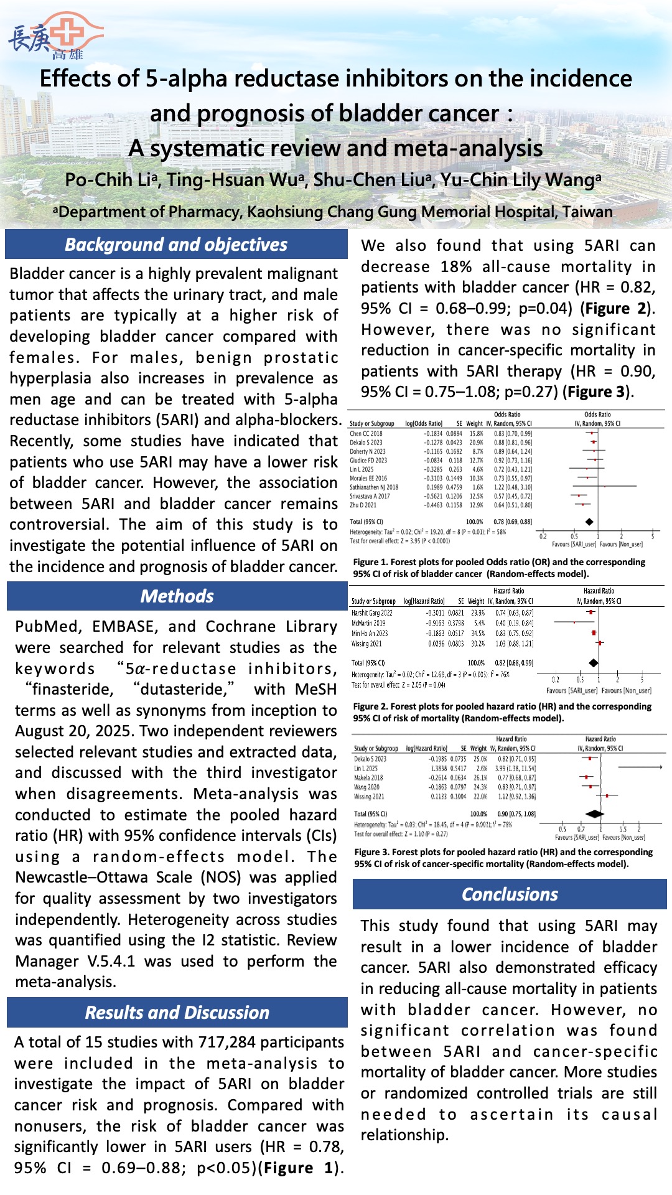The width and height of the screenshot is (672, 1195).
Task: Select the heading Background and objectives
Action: [176, 245]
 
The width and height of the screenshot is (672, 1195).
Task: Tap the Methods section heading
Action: [177, 596]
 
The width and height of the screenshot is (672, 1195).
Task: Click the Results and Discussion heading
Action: [177, 1013]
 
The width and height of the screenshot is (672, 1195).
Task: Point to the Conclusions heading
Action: [510, 894]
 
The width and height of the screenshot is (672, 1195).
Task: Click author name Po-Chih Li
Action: [109, 180]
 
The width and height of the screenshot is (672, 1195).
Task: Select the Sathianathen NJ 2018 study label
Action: [374, 487]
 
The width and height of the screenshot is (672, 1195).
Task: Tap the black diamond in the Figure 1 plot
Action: [589, 522]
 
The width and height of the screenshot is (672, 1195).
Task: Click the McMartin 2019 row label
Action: [368, 623]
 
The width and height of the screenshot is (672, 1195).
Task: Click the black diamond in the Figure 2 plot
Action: [594, 663]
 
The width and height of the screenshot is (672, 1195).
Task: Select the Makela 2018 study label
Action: [368, 778]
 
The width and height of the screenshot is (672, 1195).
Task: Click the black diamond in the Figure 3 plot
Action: [595, 813]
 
